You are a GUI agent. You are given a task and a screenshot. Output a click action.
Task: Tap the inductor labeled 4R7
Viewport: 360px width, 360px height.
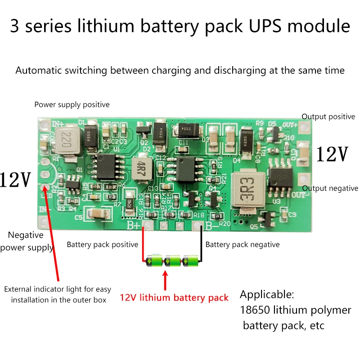point(141,165)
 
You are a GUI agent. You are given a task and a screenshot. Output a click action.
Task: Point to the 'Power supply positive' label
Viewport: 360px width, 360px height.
point(72,105)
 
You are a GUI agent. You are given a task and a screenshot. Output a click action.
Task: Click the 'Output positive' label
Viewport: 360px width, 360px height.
point(328,117)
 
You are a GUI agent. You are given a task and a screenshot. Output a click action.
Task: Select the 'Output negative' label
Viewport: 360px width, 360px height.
point(330,189)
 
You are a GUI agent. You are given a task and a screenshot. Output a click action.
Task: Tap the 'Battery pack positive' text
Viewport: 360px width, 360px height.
point(102,245)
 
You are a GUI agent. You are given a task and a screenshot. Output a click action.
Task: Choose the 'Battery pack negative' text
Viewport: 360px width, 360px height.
point(242,245)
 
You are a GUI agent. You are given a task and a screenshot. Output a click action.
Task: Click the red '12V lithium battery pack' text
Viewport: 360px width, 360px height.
point(174,297)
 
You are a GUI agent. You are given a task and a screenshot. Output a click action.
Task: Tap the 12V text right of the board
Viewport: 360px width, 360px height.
point(332,154)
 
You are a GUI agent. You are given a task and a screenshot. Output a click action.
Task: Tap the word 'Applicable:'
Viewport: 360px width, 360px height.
point(267,295)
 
